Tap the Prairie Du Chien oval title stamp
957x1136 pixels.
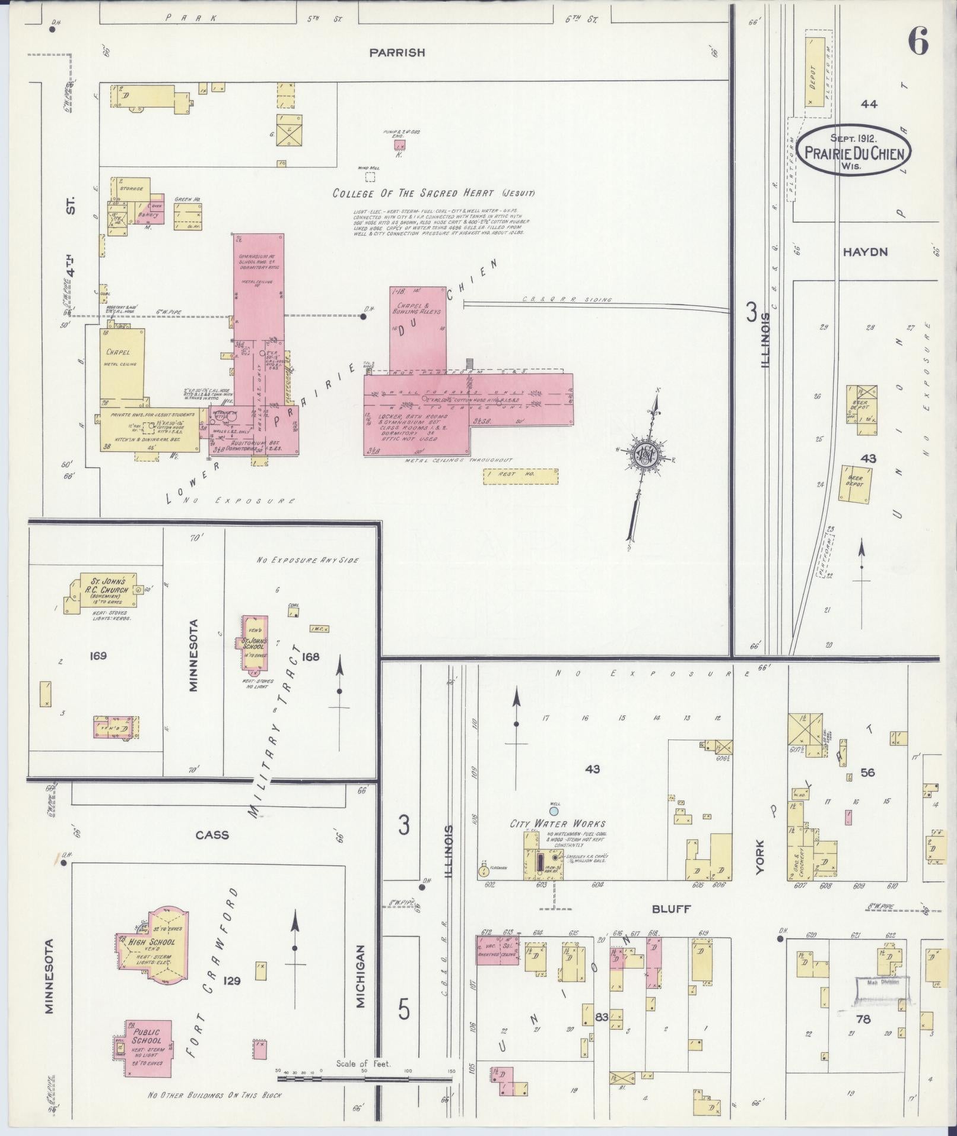tap(854, 150)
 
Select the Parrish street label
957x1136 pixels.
tap(397, 53)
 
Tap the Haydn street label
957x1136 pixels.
tap(865, 252)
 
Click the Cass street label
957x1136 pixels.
tap(212, 835)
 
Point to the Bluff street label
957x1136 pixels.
tap(672, 909)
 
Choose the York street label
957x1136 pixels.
tap(760, 856)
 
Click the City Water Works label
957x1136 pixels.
tap(558, 824)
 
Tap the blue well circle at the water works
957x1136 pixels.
tap(554, 811)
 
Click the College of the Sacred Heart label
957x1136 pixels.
tap(433, 193)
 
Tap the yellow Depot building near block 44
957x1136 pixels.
tap(815, 72)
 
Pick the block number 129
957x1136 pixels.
tap(231, 981)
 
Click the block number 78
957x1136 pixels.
tap(863, 1019)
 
